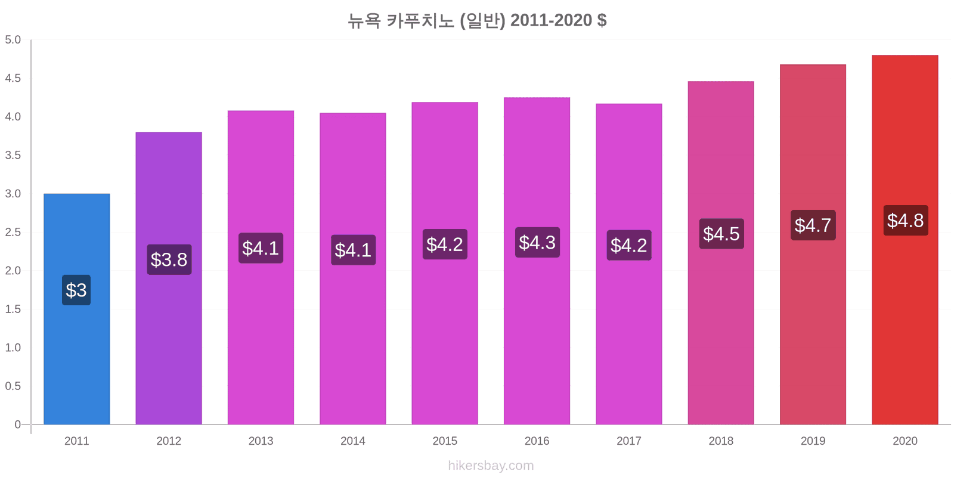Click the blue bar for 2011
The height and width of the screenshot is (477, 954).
[x=77, y=309]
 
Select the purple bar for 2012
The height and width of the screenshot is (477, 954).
[x=169, y=278]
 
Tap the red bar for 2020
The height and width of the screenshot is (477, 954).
[x=905, y=239]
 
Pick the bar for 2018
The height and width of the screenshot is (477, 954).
[x=721, y=253]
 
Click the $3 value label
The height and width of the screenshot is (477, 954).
[x=76, y=290]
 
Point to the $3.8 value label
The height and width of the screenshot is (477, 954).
[x=169, y=259]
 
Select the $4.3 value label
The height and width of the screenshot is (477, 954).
[x=537, y=242]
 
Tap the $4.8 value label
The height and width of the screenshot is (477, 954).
[x=906, y=220]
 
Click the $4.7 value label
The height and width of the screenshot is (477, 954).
[x=813, y=225]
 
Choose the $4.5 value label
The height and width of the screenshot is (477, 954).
[x=721, y=233]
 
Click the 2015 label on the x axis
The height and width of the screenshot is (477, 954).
[x=445, y=441]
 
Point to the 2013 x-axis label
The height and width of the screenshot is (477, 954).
[x=261, y=441]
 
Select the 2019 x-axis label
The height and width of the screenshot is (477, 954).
[x=813, y=441]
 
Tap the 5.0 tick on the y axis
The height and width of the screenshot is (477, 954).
[x=13, y=39]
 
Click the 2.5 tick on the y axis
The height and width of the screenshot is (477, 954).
[x=13, y=232]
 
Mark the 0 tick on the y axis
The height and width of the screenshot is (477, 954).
[x=17, y=424]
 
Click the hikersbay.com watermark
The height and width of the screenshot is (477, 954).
[x=491, y=466]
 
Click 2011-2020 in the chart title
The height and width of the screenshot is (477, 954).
[x=551, y=20]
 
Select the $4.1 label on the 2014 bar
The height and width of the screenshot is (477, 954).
[x=354, y=250]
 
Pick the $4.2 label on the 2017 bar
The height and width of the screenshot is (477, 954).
[x=629, y=245]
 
